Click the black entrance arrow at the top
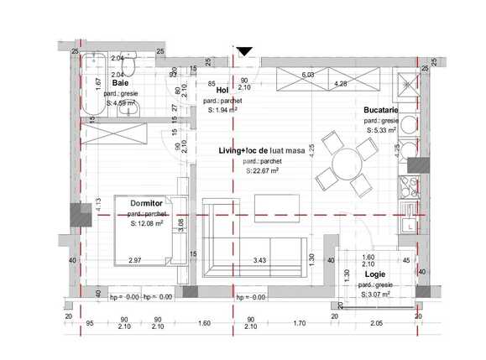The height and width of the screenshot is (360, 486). coord(243,52)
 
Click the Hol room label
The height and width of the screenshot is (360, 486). coord(222,90)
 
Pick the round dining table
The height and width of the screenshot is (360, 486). coord(345,162)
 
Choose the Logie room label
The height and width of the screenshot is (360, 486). coord(375,274)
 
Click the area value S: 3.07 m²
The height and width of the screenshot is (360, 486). coord(376,295)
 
